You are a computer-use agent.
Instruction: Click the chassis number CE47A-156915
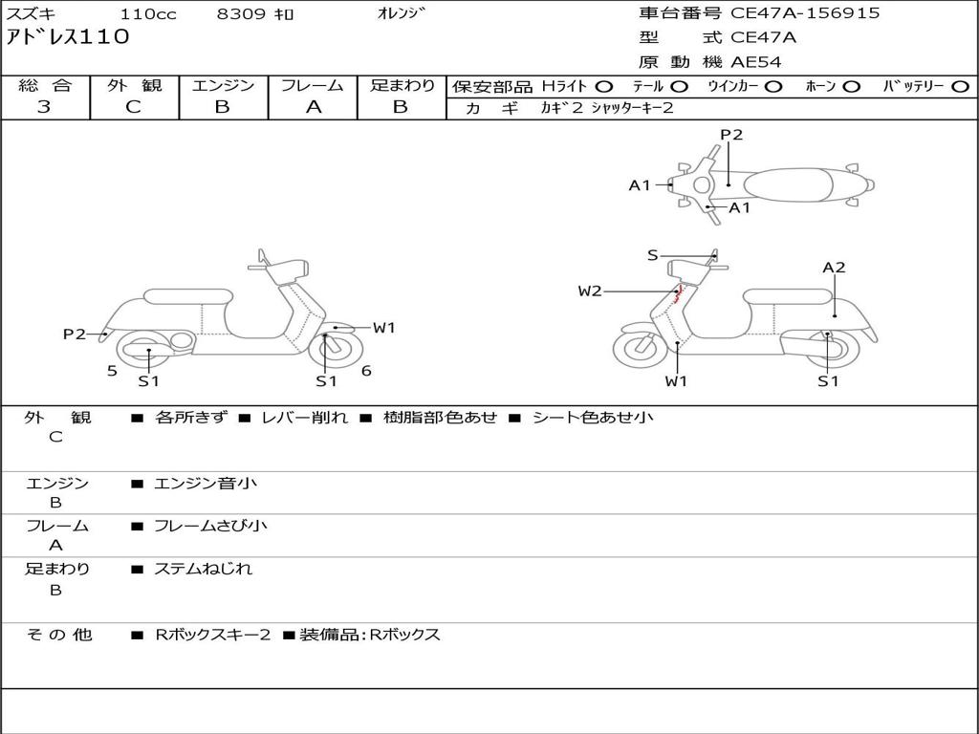(805, 13)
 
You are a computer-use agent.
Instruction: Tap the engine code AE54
(756, 62)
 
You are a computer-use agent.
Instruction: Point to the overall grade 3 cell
(44, 107)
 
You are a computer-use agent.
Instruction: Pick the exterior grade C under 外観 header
(133, 107)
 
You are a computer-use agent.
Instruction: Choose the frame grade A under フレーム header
(313, 107)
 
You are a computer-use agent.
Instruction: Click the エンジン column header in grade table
(223, 86)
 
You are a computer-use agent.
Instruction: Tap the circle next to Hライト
(604, 86)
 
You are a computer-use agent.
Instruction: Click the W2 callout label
(590, 291)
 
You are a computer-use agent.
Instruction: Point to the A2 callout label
(834, 268)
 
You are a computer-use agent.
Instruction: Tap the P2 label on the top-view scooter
(731, 135)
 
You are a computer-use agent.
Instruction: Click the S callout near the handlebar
(652, 255)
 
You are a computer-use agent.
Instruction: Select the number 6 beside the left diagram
(366, 371)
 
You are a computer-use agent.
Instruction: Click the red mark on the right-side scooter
(679, 295)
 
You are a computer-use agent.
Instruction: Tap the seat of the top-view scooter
(789, 184)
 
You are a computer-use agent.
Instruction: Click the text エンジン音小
(206, 484)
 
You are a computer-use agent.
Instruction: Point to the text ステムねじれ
(204, 569)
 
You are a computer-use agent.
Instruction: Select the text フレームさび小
(210, 526)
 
